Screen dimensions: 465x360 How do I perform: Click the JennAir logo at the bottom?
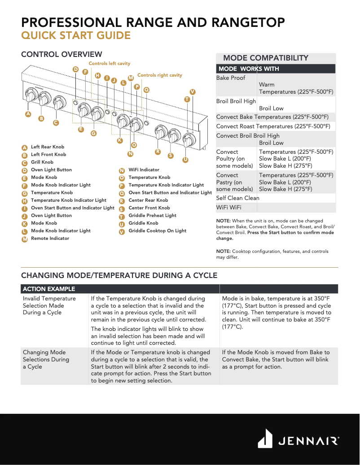pyautogui.click(x=298, y=439)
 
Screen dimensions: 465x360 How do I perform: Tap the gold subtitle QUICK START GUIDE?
pyautogui.click(x=76, y=36)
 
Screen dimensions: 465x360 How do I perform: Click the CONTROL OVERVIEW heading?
pyautogui.click(x=61, y=55)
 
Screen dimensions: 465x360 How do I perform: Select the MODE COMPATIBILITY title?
pyautogui.click(x=266, y=58)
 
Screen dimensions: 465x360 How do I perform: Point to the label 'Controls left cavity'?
pyautogui.click(x=109, y=64)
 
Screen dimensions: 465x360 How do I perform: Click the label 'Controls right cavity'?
pyautogui.click(x=160, y=75)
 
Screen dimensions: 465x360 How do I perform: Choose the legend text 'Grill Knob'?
pyautogui.click(x=42, y=162)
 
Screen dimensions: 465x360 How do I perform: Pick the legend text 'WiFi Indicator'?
pyautogui.click(x=144, y=170)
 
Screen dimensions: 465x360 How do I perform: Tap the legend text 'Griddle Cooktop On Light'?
pyautogui.click(x=157, y=231)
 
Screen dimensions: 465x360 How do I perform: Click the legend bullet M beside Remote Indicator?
pyautogui.click(x=25, y=239)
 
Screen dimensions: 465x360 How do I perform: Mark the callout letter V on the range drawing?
pyautogui.click(x=192, y=92)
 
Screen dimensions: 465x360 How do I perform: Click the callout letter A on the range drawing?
pyautogui.click(x=28, y=114)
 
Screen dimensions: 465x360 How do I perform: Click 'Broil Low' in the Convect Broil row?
pyautogui.click(x=271, y=143)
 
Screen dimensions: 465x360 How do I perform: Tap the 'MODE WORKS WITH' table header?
pyautogui.click(x=249, y=69)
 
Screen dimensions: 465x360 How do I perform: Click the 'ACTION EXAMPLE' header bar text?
pyautogui.click(x=49, y=289)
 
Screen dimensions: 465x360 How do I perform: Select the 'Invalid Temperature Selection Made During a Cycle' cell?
pyautogui.click(x=49, y=305)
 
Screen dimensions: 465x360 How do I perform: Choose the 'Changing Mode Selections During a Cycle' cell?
pyautogui.click(x=46, y=359)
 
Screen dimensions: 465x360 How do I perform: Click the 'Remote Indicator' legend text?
pyautogui.click(x=50, y=239)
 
